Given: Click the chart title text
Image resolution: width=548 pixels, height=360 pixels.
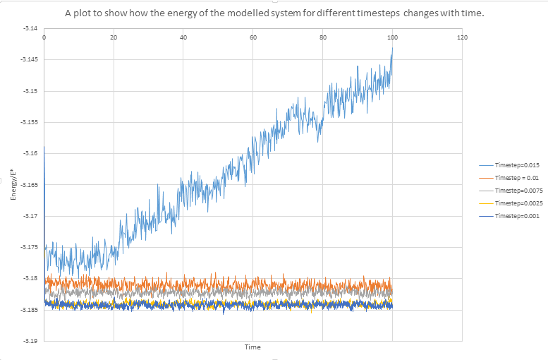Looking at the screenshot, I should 274,13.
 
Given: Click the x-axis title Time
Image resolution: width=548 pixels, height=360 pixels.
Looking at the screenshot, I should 252,347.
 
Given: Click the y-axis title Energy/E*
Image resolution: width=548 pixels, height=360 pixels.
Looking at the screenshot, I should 13,185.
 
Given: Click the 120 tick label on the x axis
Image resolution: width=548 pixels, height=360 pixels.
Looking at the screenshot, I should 463,37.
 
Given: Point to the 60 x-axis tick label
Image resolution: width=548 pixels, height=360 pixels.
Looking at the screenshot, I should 253,37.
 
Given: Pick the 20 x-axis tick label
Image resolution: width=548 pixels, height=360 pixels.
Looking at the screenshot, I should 114,37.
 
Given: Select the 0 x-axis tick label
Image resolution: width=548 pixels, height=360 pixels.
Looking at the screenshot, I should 44,37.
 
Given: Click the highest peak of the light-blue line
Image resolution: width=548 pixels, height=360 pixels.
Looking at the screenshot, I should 392,47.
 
